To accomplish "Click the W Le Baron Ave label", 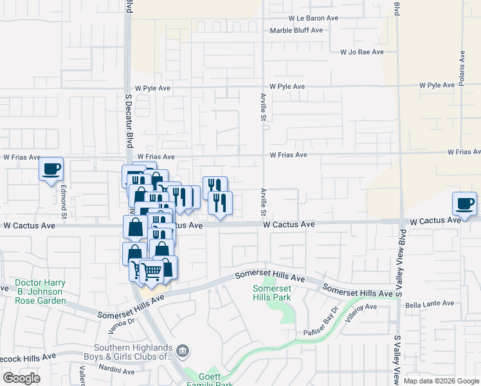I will tap(313, 19).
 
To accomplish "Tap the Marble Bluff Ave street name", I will tap(296, 30).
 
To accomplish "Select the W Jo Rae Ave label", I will tap(362, 51).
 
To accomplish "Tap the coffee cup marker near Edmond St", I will tap(51, 169).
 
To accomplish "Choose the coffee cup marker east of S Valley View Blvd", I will tap(464, 204).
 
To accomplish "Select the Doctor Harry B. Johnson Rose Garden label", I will tap(40, 291).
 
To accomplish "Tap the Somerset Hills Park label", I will tap(271, 293).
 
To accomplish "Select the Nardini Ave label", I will tap(116, 371).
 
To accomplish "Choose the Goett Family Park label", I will tap(209, 379).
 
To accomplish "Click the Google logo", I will tap(21, 378).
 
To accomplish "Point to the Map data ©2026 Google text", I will tap(440, 381).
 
